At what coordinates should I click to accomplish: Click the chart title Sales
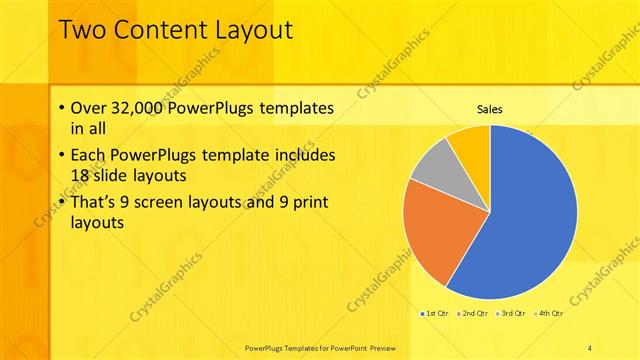(489, 109)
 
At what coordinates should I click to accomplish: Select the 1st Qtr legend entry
(435, 313)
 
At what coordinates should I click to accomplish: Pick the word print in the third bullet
(308, 203)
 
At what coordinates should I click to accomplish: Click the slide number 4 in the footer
(590, 347)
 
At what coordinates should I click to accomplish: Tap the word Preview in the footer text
(377, 347)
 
